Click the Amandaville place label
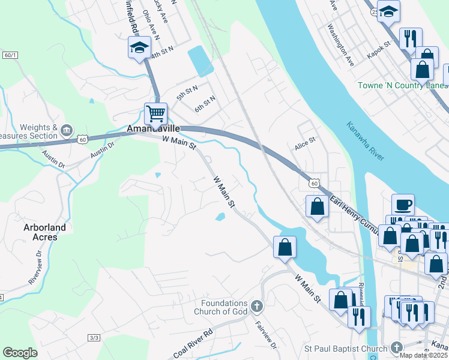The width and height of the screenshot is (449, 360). (x=152, y=129)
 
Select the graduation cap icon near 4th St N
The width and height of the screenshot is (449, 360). (x=139, y=47)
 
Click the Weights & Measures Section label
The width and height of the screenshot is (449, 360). (x=37, y=132)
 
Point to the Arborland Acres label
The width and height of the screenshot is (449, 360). (x=45, y=232)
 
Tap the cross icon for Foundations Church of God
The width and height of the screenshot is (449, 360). (x=256, y=307)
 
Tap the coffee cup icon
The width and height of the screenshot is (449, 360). (x=403, y=205)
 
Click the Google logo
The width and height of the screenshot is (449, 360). (x=20, y=353)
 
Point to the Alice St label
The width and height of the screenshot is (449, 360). (x=304, y=146)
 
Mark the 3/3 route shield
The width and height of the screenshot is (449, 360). (x=94, y=338)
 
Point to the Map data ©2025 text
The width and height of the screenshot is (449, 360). (x=423, y=355)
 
